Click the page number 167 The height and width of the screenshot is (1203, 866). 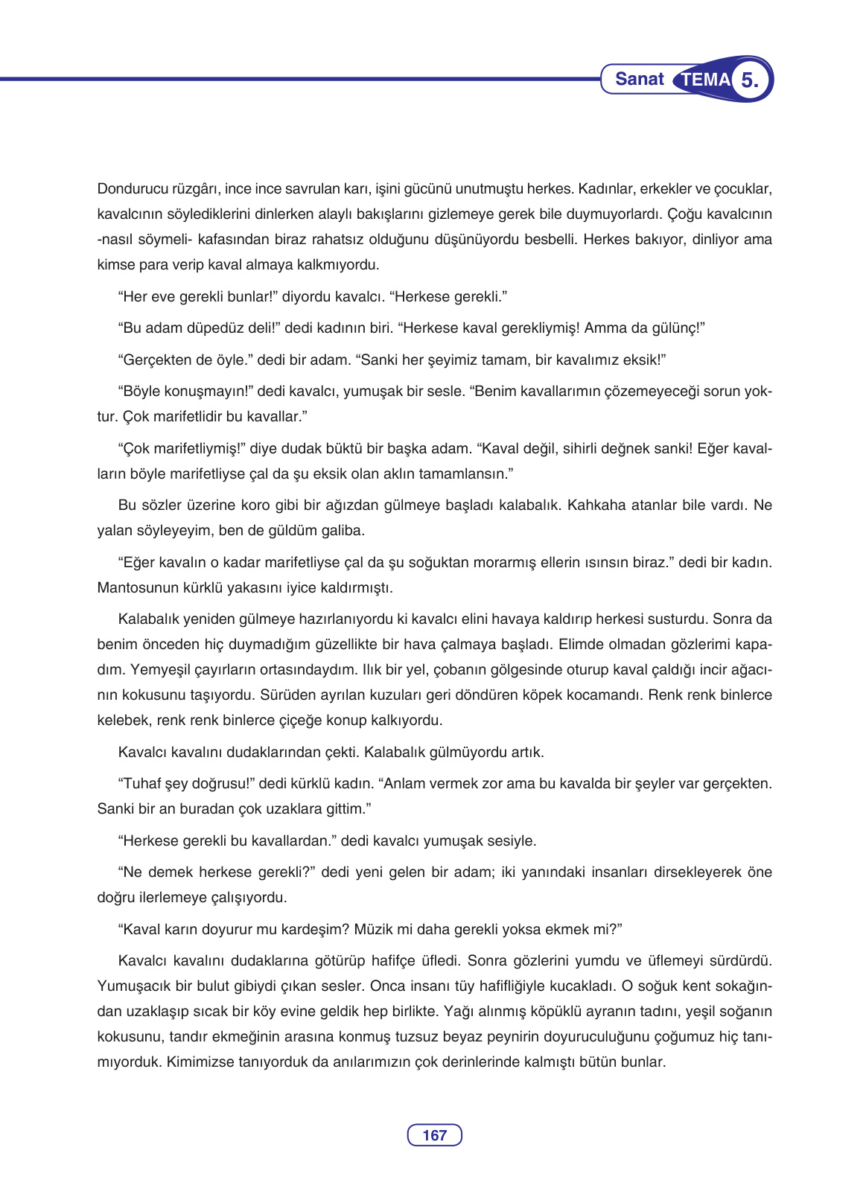(434, 1135)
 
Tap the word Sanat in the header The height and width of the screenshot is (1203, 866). (640, 79)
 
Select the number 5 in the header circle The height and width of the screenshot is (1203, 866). (751, 80)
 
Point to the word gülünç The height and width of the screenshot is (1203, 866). (678, 328)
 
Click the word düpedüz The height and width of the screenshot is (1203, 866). (218, 328)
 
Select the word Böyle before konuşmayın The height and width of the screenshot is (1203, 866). (142, 392)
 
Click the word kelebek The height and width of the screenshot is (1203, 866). (121, 721)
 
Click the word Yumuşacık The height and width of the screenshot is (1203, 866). (134, 986)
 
